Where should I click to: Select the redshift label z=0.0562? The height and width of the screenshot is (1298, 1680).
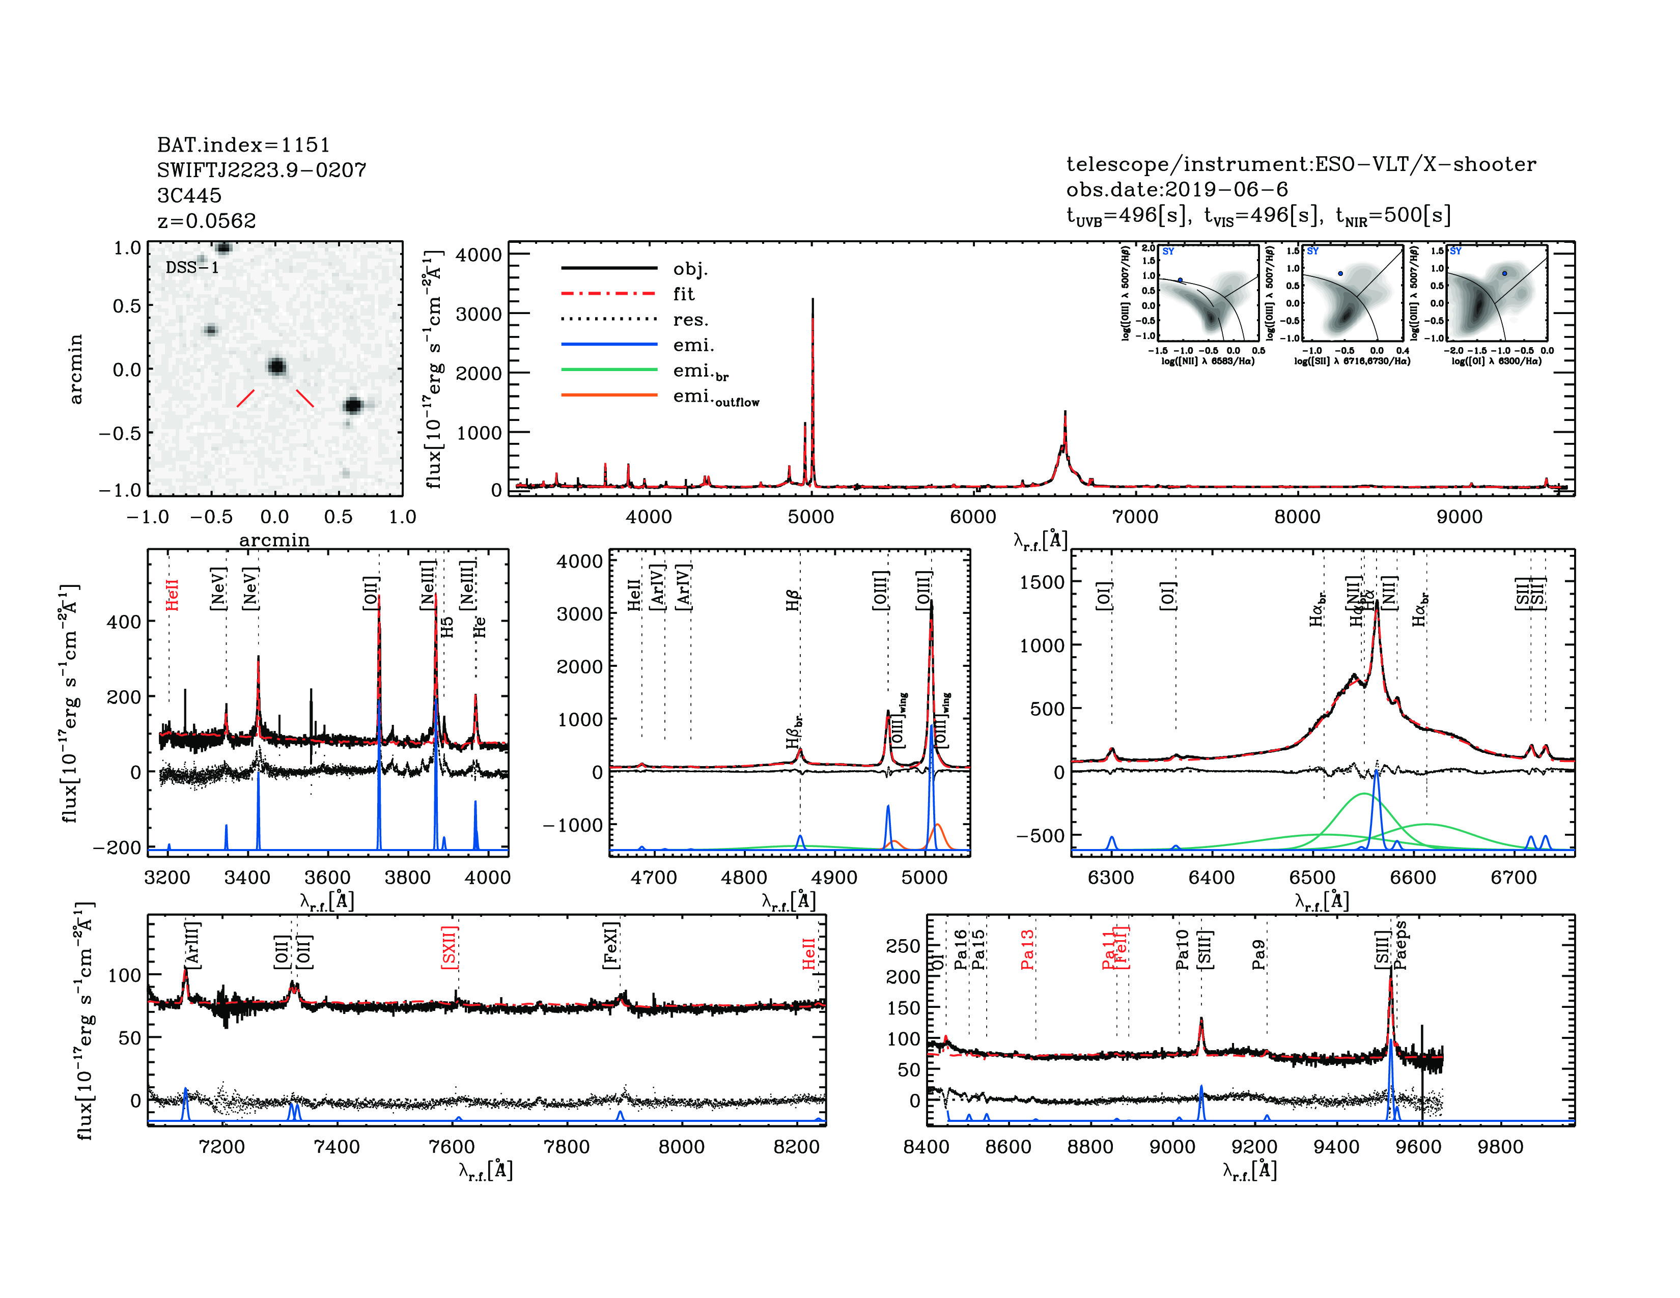[206, 221]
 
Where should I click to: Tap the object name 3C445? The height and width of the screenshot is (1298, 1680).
[189, 195]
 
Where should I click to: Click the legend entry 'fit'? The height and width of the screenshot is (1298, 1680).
[683, 294]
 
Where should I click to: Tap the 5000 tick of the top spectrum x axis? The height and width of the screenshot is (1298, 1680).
[811, 517]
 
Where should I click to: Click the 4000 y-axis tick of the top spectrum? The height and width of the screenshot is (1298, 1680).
[479, 255]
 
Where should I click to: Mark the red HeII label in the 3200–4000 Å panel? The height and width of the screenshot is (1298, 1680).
[172, 595]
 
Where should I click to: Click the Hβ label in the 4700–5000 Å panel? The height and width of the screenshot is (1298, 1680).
[793, 600]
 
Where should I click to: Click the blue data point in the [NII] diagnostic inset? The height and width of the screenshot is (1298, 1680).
[1180, 280]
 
